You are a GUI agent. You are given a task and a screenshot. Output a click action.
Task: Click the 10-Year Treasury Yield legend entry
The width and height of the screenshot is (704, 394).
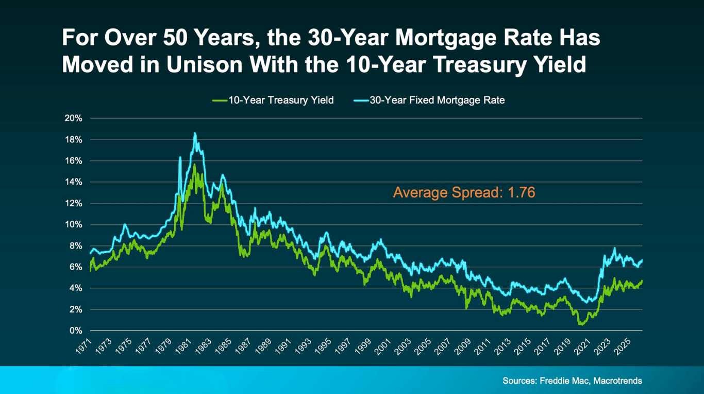tap(273, 101)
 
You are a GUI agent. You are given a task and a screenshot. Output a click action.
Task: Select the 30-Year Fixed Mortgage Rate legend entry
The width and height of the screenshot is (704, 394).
tap(429, 101)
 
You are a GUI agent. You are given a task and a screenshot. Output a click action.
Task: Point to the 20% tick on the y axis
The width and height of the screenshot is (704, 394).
tap(73, 118)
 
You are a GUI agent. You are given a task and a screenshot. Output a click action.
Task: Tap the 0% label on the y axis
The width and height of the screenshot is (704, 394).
tap(76, 331)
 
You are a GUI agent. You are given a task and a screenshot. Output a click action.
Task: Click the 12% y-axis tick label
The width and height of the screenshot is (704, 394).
tap(73, 203)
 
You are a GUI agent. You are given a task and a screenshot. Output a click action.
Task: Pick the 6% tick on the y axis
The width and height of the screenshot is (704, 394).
tap(76, 267)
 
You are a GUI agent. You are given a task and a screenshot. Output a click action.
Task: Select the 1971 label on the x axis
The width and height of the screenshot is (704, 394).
tap(83, 346)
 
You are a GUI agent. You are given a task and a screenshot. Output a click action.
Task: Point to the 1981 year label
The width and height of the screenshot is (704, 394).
tap(183, 346)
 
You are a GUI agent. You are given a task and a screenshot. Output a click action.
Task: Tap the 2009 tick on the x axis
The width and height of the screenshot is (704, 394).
tap(463, 346)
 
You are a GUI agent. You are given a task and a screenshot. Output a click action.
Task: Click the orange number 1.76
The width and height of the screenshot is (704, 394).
tap(522, 192)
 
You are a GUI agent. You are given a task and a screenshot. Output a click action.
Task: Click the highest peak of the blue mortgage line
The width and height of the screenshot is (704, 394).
tap(195, 134)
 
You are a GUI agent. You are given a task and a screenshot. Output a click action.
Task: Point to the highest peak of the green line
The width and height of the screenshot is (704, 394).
tap(194, 165)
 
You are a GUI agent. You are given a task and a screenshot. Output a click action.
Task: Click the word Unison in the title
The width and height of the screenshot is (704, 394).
tap(204, 64)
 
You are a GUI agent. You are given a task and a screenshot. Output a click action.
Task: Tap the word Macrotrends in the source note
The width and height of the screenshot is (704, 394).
tap(617, 381)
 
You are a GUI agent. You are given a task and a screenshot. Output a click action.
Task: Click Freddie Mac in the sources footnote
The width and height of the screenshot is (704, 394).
tap(564, 381)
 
